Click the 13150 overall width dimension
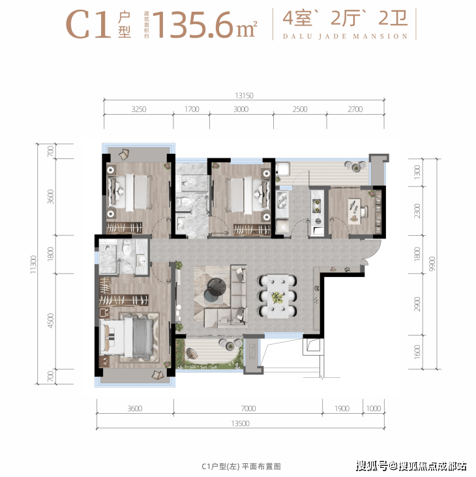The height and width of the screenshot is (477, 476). [244, 96]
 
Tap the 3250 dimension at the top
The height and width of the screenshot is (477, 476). [139, 109]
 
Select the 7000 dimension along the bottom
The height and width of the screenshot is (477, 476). [248, 408]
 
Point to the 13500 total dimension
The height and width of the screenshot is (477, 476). [240, 424]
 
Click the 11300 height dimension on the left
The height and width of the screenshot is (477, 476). [33, 265]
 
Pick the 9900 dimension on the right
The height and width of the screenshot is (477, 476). [432, 264]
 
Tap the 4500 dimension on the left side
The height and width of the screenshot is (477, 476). [51, 321]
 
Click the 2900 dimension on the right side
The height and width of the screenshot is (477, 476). [417, 304]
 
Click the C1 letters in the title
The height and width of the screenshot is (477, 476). [88, 25]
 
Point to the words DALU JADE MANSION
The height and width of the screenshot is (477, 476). [345, 36]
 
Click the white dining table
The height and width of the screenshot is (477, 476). [278, 296]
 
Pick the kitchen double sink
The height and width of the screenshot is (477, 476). [282, 200]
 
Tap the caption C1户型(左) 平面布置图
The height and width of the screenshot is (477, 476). [241, 467]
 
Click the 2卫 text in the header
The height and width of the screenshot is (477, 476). [393, 18]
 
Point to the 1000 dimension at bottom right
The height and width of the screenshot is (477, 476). [374, 408]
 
